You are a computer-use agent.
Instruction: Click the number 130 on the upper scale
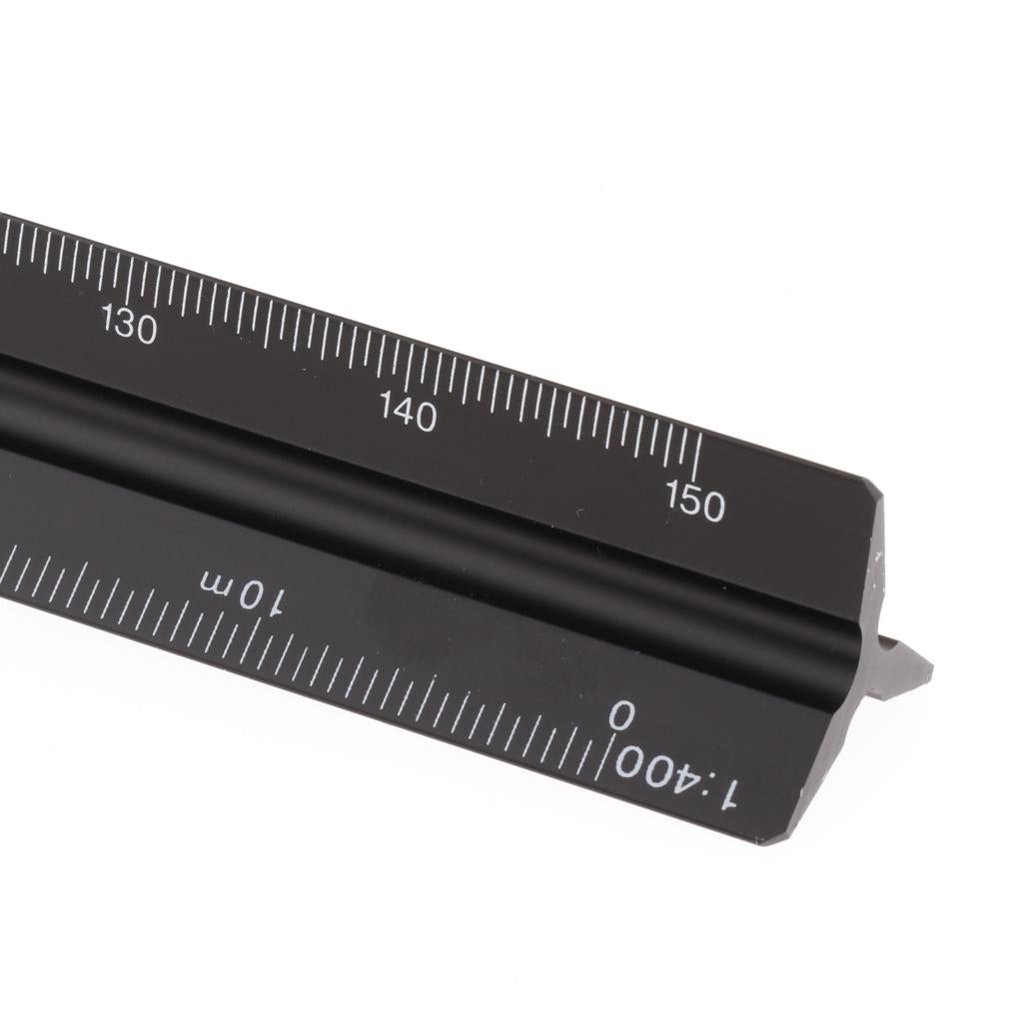coord(129,325)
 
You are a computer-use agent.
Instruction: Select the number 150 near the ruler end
coord(695,502)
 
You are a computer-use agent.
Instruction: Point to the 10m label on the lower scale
coord(243,589)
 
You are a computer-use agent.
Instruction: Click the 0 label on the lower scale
coord(621,715)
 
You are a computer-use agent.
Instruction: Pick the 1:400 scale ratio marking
coord(675,778)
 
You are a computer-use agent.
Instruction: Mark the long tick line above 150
coord(698,457)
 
